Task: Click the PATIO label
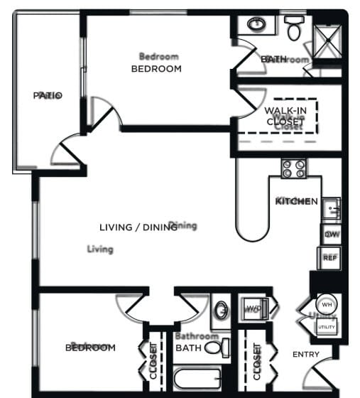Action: [48, 95]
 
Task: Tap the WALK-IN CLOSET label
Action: [285, 116]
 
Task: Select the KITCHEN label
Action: [296, 201]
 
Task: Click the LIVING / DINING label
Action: [138, 227]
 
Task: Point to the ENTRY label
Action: [306, 354]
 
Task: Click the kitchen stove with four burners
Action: [294, 168]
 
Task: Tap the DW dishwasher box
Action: [330, 235]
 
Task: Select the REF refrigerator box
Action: [330, 257]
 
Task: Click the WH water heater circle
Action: [327, 303]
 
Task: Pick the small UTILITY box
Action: [327, 326]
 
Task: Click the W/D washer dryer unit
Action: [253, 308]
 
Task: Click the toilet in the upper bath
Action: [294, 28]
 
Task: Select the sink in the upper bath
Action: [256, 25]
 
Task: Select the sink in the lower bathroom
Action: [221, 311]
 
